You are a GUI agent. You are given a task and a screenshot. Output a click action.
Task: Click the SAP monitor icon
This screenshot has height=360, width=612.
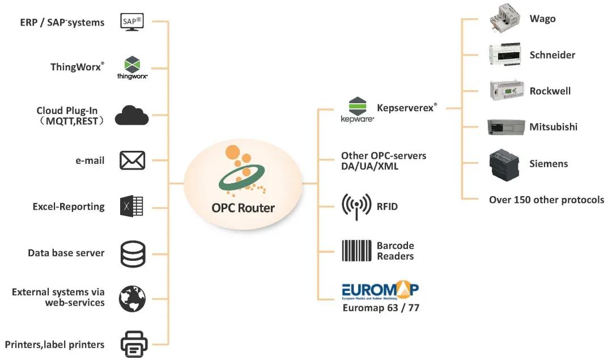coord(133,22)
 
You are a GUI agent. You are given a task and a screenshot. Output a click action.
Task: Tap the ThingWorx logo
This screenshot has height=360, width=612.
coord(132,67)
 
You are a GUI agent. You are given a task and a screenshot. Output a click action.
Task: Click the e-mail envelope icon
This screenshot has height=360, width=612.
coord(132,160)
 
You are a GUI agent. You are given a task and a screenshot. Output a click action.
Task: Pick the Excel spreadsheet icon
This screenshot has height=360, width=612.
coord(131,206)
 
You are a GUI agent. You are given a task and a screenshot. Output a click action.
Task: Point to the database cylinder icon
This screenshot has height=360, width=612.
coord(133,253)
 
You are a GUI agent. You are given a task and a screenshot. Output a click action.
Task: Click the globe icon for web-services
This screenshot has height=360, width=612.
coord(132,298)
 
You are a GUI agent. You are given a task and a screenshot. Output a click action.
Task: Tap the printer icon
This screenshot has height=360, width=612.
coord(134,344)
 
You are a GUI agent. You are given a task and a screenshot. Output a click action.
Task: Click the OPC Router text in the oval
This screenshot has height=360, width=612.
coord(243,207)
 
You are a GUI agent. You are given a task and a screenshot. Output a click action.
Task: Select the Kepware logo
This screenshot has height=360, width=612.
coord(358,109)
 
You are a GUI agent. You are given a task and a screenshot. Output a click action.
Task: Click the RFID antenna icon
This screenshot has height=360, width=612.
coord(357,206)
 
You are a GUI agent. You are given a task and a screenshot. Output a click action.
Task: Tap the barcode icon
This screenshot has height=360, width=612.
coord(357,251)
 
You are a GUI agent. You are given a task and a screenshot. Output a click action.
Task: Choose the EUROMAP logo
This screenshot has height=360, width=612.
coord(380,291)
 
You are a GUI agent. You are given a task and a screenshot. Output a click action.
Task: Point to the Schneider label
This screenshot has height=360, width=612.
coord(552,55)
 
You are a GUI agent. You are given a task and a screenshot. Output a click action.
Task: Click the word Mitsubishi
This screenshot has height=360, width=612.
coord(553,127)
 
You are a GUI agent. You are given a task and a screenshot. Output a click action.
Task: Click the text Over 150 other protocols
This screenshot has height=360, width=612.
coord(546,200)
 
